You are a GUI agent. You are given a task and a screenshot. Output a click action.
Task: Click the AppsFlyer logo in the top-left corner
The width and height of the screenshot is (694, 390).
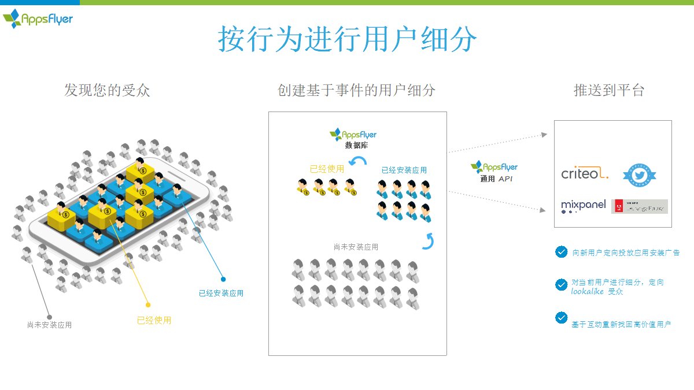pyautogui.click(x=38, y=19)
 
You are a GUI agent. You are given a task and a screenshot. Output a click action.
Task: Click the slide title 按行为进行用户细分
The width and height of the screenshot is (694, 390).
pyautogui.click(x=348, y=39)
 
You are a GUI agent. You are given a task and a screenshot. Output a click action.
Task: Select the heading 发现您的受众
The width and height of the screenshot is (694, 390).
pyautogui.click(x=107, y=90)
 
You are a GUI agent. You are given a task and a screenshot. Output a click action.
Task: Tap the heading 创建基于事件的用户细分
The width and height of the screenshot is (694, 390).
pyautogui.click(x=356, y=90)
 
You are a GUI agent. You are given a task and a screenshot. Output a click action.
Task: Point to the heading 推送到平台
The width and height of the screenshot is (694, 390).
pyautogui.click(x=608, y=90)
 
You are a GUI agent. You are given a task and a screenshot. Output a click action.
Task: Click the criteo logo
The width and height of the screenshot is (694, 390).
pyautogui.click(x=585, y=173)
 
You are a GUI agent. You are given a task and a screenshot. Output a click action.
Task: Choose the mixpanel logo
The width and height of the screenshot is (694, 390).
pyautogui.click(x=583, y=206)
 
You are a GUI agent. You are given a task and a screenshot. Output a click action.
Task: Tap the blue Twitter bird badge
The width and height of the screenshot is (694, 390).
pyautogui.click(x=639, y=174)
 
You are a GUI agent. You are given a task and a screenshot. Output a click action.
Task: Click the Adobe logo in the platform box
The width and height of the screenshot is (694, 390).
pyautogui.click(x=639, y=206)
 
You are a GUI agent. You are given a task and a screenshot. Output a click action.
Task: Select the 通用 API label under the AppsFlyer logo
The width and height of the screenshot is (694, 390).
pyautogui.click(x=496, y=179)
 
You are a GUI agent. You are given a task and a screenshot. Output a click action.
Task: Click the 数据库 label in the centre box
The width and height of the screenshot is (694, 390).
pyautogui.click(x=356, y=146)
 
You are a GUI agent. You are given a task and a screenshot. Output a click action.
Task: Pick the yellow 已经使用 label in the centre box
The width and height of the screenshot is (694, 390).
pyautogui.click(x=327, y=169)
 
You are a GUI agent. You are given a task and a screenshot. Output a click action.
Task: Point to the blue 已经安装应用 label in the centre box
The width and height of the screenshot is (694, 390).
pyautogui.click(x=404, y=170)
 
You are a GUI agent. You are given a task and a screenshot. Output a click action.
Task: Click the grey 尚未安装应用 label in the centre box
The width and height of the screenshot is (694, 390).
pyautogui.click(x=356, y=247)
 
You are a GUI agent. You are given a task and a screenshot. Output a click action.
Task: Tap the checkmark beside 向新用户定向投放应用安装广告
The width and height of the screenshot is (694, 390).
pyautogui.click(x=561, y=252)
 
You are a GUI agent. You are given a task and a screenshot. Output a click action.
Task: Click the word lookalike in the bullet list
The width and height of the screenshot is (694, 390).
pyautogui.click(x=587, y=292)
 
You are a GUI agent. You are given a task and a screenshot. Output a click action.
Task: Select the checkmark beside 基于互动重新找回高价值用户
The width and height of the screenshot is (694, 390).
pyautogui.click(x=561, y=317)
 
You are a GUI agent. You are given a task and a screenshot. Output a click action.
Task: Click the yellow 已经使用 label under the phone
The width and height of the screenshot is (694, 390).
pyautogui.click(x=154, y=321)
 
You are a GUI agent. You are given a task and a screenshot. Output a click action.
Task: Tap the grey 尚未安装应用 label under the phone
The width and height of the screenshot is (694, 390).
pyautogui.click(x=49, y=325)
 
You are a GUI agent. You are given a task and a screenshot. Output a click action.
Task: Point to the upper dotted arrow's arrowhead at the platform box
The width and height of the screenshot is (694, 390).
pyautogui.click(x=544, y=135)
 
